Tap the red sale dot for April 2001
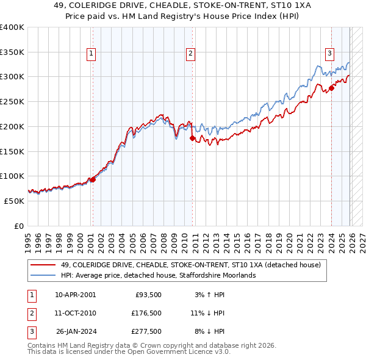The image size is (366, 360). [93, 179]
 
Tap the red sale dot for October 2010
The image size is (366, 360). [192, 139]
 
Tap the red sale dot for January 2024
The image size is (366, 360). [331, 88]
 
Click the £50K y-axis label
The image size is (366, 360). [14, 201]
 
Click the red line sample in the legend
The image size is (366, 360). [43, 264]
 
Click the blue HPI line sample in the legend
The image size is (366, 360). [43, 275]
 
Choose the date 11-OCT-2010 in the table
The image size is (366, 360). [75, 313]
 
